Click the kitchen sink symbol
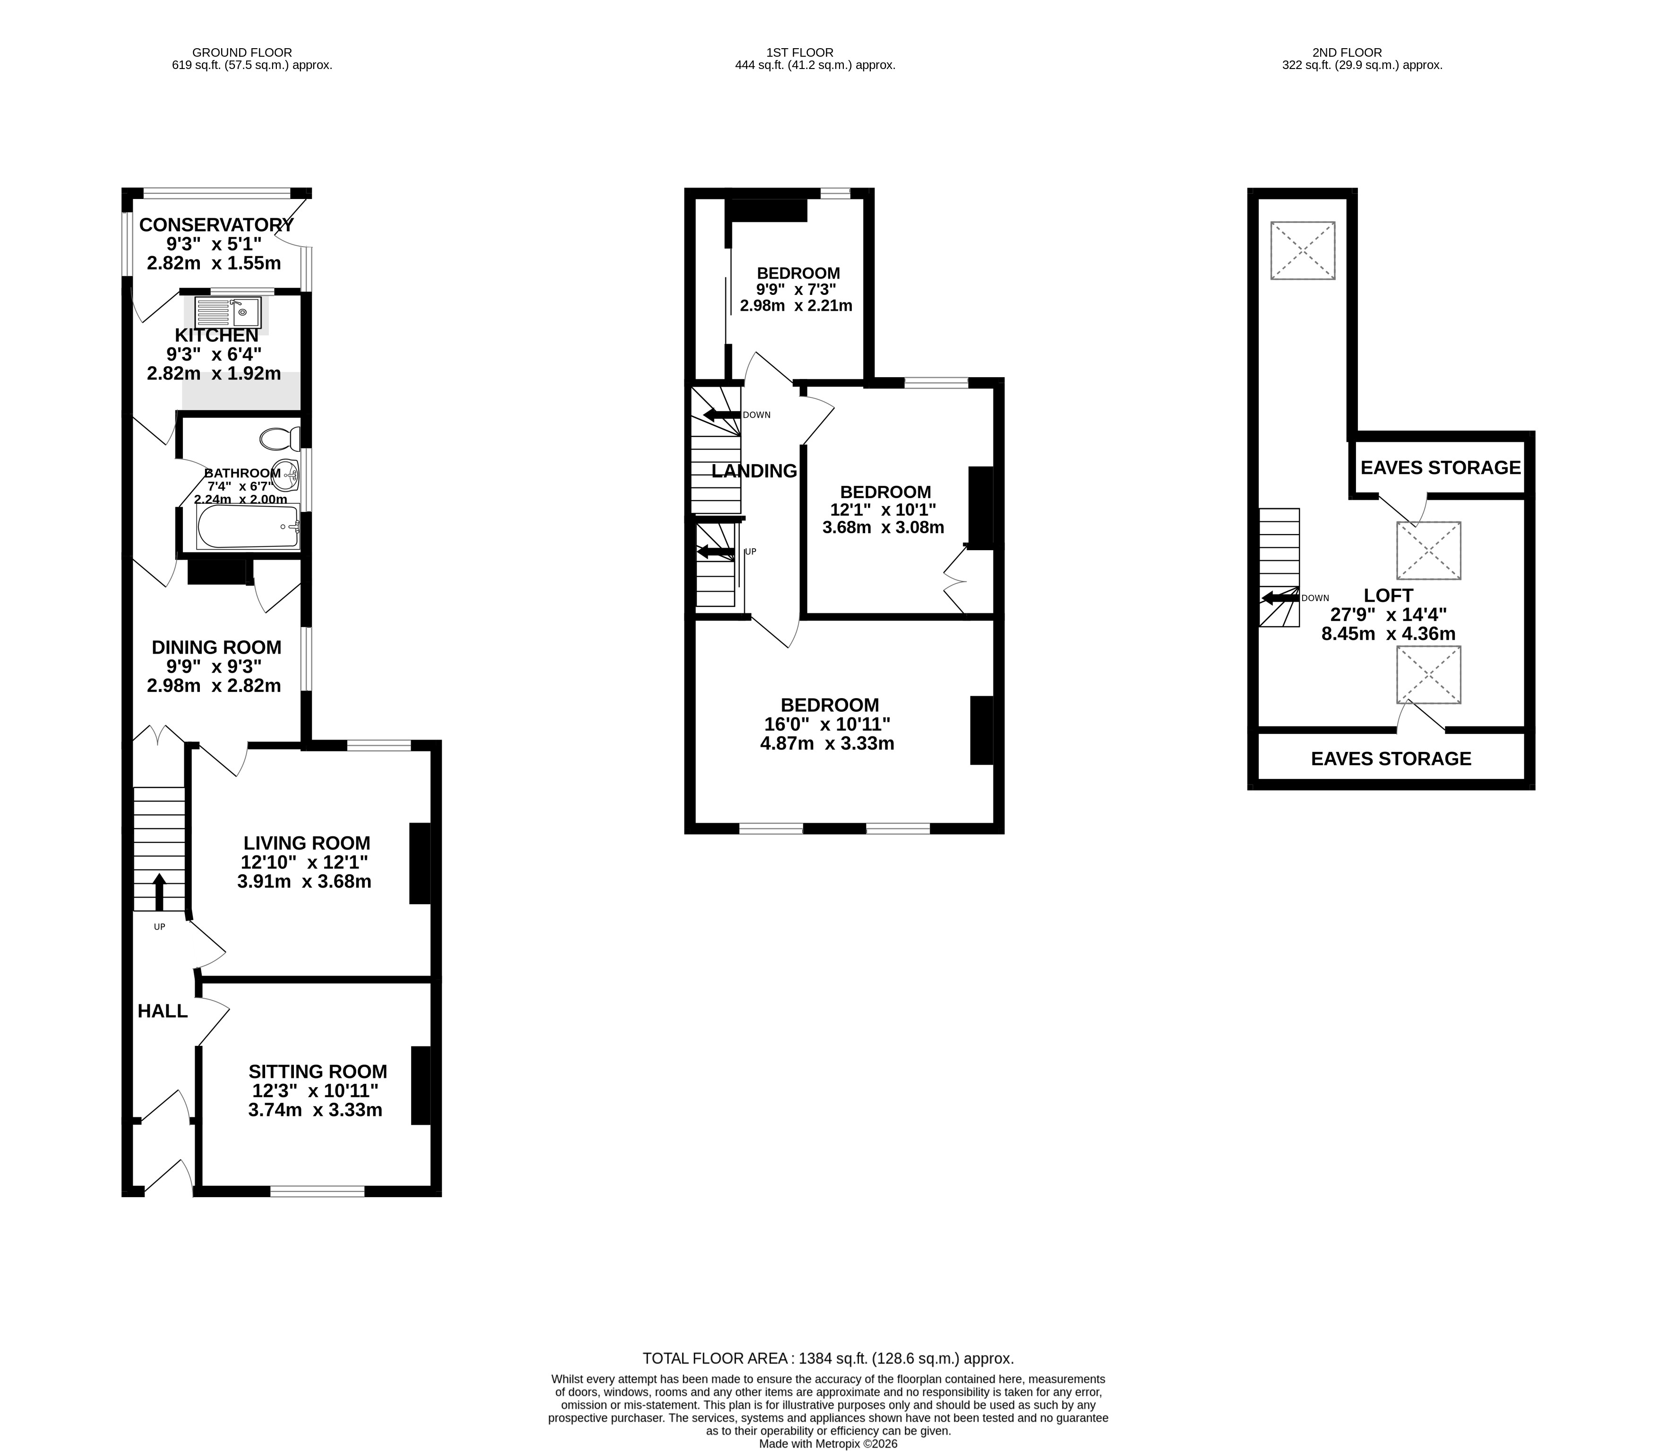227,312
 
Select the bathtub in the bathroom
248,527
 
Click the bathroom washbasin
286,475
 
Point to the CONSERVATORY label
216,225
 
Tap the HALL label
163,1011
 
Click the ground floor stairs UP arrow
159,892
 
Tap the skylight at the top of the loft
1303,250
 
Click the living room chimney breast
420,863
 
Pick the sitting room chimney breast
421,1086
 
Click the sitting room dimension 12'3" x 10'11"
315,1091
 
